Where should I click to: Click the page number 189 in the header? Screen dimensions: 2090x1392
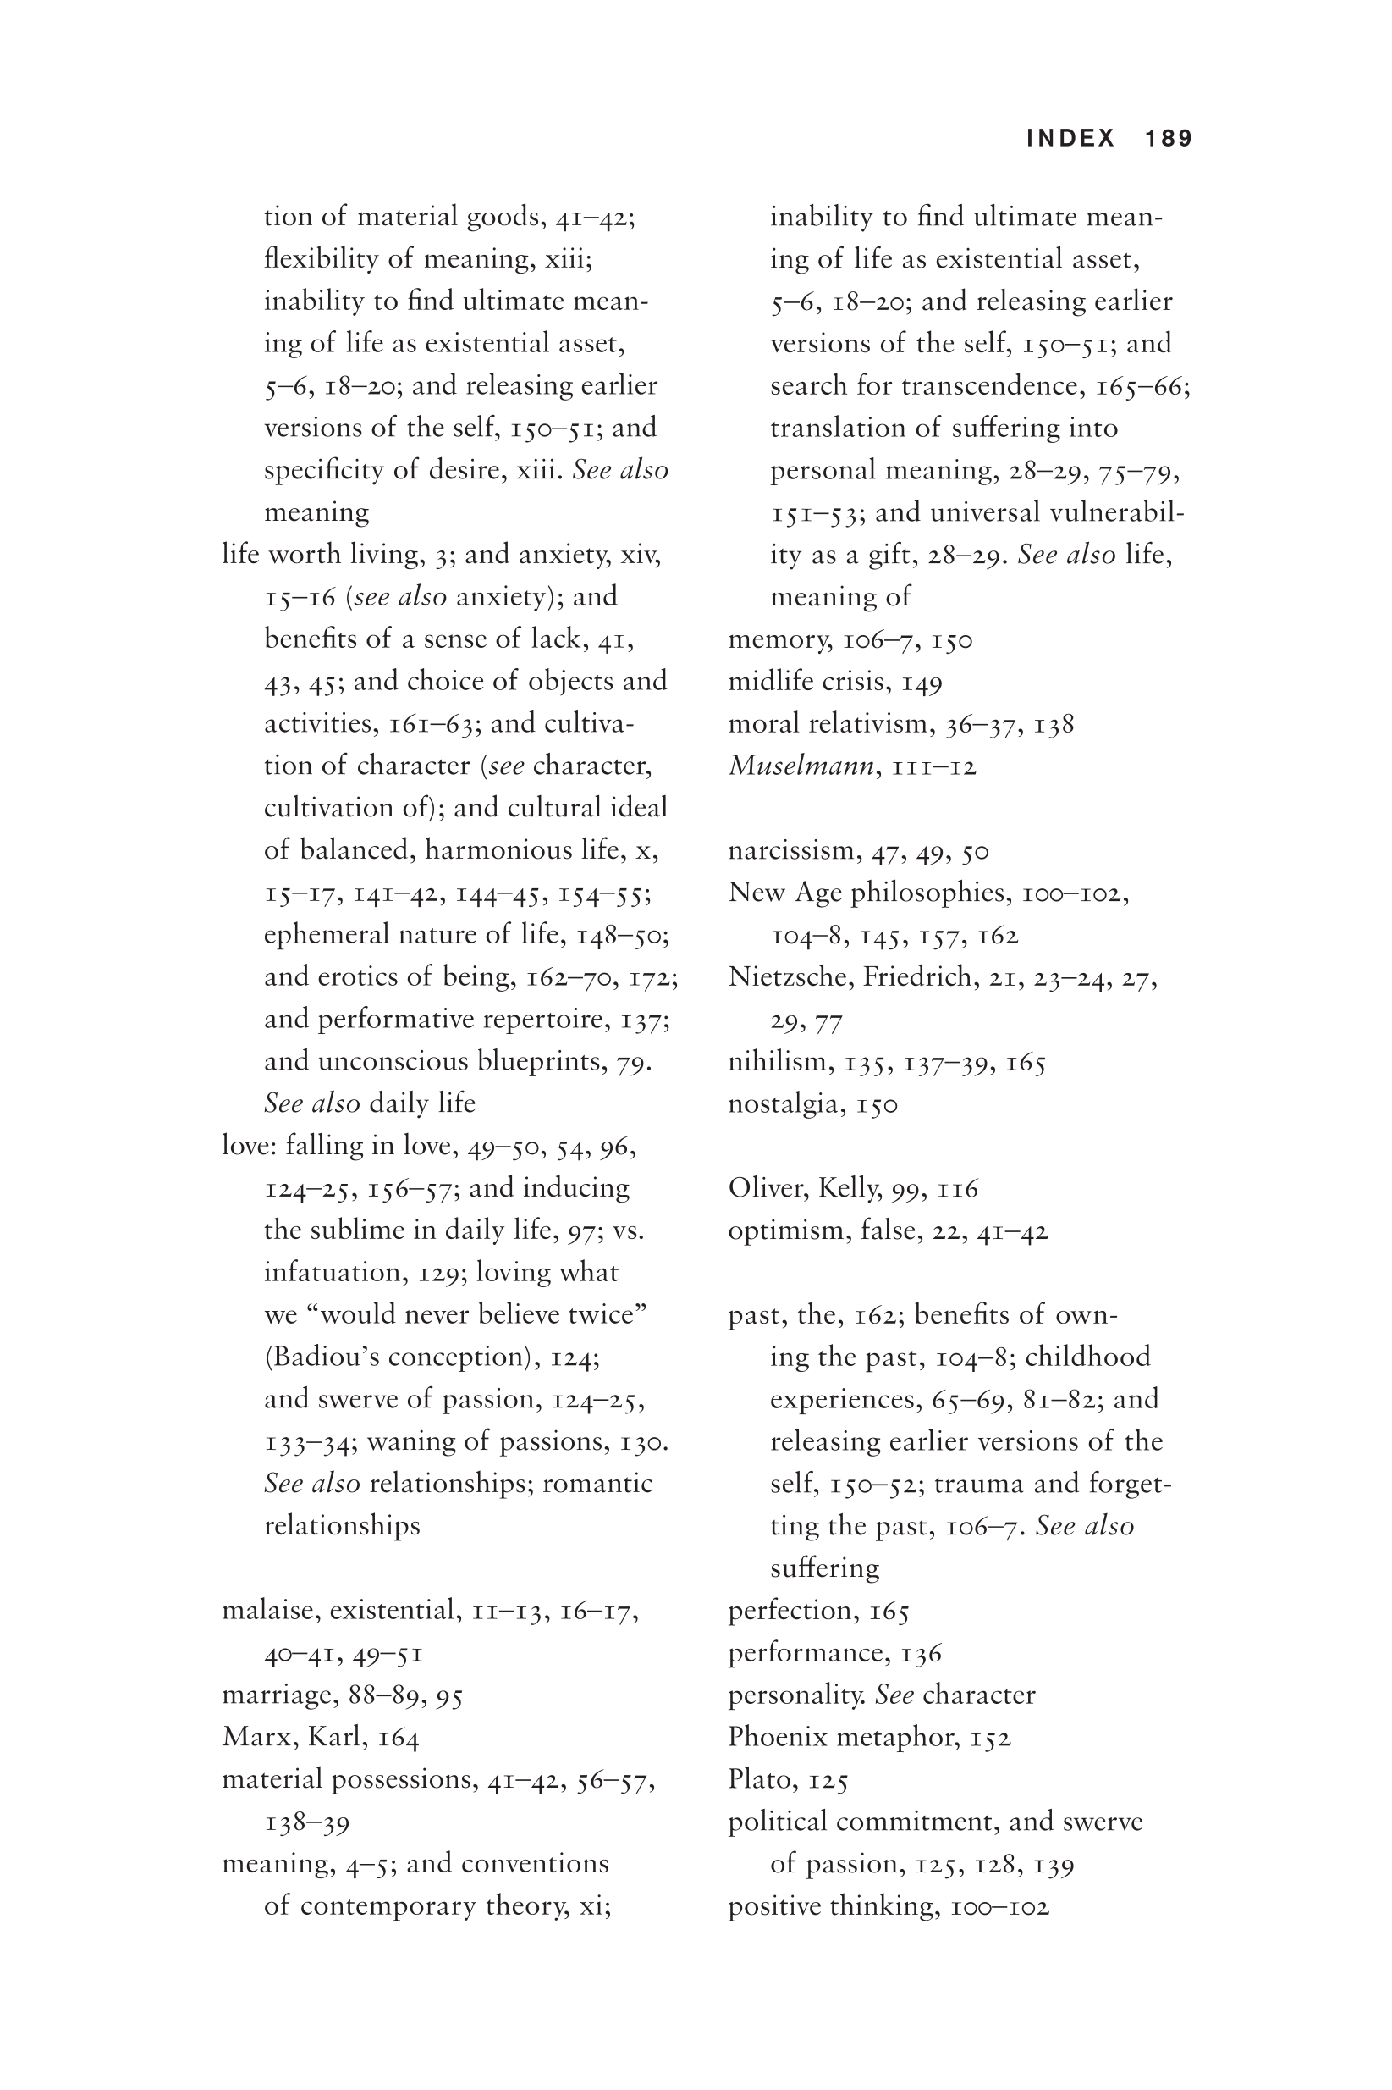1169,139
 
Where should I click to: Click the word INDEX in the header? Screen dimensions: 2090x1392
1070,139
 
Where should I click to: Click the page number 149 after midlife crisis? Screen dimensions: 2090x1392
922,683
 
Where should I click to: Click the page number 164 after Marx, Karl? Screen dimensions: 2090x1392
399,1738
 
